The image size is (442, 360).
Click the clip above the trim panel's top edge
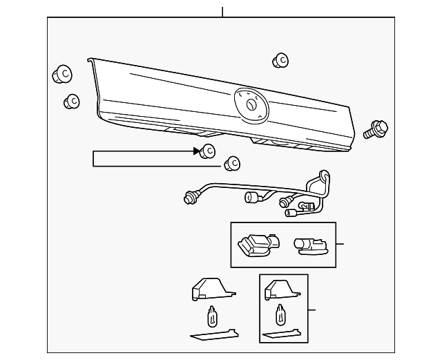[x=280, y=61]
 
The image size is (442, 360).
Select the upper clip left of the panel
[x=62, y=73]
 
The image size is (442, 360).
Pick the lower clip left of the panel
[x=72, y=102]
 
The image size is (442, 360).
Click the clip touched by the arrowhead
[x=208, y=151]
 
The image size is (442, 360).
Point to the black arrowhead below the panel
[x=197, y=151]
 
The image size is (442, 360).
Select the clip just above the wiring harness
[x=233, y=164]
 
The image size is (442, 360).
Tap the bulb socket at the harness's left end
[x=188, y=198]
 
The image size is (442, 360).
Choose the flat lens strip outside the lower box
[x=214, y=336]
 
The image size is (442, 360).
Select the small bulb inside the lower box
[x=281, y=316]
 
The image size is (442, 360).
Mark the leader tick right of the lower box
[x=311, y=310]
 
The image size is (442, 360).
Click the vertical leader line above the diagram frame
[x=222, y=12]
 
